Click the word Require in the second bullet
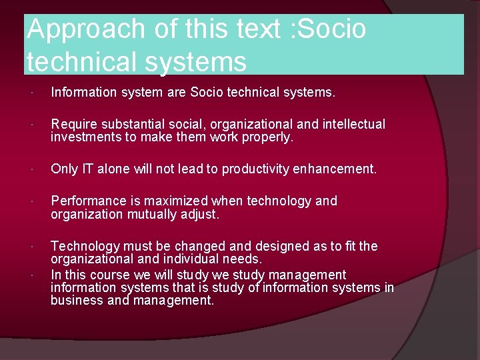(x=73, y=124)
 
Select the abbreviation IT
(x=87, y=169)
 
